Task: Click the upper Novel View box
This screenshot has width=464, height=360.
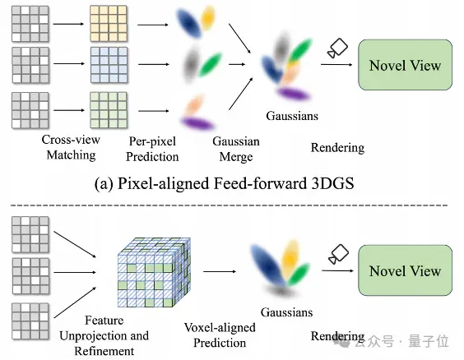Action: [405, 65]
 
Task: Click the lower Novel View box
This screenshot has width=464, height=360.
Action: [405, 270]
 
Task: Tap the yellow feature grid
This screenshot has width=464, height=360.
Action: [109, 24]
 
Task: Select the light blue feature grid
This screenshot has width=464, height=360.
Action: [109, 65]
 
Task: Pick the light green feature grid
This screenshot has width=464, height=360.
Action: [109, 110]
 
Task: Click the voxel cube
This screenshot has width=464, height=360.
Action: [154, 272]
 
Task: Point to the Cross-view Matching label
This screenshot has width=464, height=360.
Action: [71, 147]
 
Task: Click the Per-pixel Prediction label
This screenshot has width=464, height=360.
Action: [152, 149]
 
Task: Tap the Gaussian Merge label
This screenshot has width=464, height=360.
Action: [236, 149]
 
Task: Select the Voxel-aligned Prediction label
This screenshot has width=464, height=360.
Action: [220, 335]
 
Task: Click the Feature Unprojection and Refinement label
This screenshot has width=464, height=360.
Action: [104, 336]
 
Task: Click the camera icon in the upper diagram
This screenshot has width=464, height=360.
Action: [337, 48]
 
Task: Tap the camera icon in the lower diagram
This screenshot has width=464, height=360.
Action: [338, 254]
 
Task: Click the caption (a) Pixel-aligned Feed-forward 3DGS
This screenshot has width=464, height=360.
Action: [224, 183]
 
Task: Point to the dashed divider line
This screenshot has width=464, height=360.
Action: [229, 205]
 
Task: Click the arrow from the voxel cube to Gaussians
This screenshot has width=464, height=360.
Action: [220, 271]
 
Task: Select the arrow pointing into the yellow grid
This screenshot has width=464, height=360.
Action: [68, 24]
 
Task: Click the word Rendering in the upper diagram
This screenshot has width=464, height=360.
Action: [337, 148]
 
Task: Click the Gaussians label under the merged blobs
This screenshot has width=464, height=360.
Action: [292, 116]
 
